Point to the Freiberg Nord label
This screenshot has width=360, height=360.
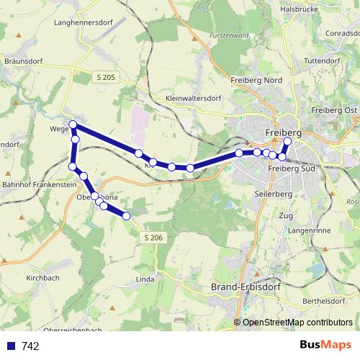256,81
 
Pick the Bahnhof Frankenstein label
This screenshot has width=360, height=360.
37,185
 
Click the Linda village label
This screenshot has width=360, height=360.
145,277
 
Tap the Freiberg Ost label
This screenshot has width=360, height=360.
334,109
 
